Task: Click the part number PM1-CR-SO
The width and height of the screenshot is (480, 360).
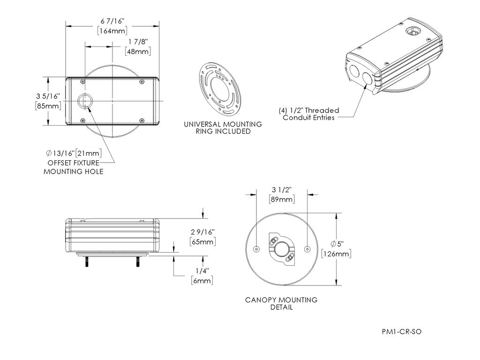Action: pyautogui.click(x=402, y=332)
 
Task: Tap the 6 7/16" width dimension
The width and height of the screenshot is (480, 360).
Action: pyautogui.click(x=112, y=22)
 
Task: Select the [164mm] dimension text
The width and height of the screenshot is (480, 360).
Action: pyautogui.click(x=112, y=31)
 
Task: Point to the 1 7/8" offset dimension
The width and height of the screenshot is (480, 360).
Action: pyautogui.click(x=137, y=42)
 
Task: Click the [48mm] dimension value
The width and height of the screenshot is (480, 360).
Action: pyautogui.click(x=138, y=52)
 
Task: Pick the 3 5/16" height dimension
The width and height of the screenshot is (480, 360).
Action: pyautogui.click(x=48, y=96)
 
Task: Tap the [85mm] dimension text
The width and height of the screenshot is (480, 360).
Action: pyautogui.click(x=48, y=106)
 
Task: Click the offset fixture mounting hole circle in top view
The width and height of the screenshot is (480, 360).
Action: pyautogui.click(x=85, y=101)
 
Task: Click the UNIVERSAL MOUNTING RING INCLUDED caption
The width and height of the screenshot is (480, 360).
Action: pyautogui.click(x=223, y=128)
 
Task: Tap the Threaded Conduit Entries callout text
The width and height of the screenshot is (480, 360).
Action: pyautogui.click(x=308, y=114)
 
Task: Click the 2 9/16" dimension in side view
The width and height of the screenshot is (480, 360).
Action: pyautogui.click(x=202, y=232)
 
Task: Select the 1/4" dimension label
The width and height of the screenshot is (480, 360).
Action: pyautogui.click(x=202, y=271)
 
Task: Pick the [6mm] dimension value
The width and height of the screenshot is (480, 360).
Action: pyautogui.click(x=202, y=280)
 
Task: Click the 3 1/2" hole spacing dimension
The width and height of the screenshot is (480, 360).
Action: pyautogui.click(x=282, y=189)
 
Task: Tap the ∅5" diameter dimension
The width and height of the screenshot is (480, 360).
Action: pyautogui.click(x=337, y=244)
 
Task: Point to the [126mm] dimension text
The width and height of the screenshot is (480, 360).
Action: pyautogui.click(x=337, y=254)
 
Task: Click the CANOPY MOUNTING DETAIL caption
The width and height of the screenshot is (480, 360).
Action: pyautogui.click(x=281, y=303)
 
